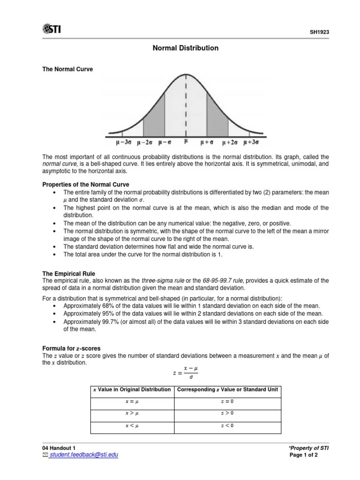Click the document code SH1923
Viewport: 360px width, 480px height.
[319, 32]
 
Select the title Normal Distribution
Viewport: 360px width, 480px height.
[186, 48]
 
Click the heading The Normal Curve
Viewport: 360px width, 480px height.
[67, 69]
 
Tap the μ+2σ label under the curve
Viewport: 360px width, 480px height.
[230, 141]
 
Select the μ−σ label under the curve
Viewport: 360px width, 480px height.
[166, 141]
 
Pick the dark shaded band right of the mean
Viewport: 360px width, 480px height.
[217, 117]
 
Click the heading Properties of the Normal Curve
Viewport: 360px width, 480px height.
[86, 184]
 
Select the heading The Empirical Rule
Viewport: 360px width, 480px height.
[68, 273]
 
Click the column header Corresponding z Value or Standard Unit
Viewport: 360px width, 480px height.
[226, 390]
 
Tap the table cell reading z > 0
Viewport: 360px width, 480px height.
[227, 413]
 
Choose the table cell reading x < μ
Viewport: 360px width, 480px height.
[132, 426]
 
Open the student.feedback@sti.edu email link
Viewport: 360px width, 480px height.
[84, 455]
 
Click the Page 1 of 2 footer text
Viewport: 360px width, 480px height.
[304, 455]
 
